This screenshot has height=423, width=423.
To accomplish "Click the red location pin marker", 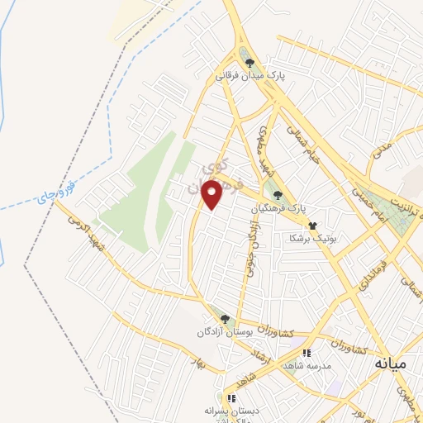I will point(212,193).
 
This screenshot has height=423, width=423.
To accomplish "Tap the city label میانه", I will point(391,363).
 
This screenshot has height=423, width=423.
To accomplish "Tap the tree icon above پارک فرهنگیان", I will point(278,195).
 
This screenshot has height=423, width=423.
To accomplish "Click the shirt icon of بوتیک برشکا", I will point(312,225).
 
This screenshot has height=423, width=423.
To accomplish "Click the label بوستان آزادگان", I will point(221,331).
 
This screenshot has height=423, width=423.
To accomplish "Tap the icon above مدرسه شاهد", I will point(306,353).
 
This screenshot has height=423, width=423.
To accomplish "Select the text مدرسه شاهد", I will point(307,365).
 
